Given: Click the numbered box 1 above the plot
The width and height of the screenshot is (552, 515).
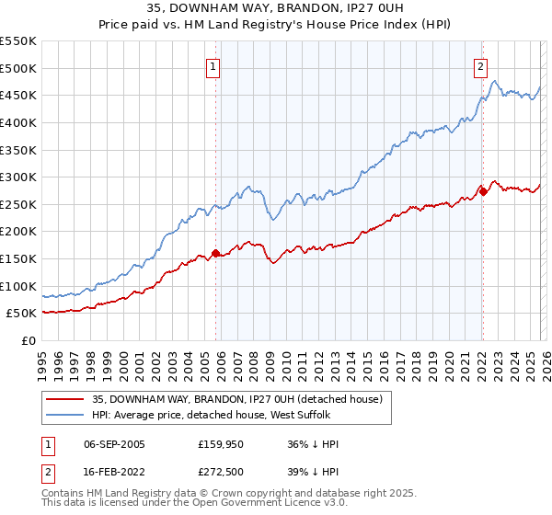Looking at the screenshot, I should (x=213, y=66).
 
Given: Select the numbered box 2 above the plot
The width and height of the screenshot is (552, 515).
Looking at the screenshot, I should (x=480, y=66).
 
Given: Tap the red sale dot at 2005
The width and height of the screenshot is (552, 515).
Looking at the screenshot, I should (x=216, y=253).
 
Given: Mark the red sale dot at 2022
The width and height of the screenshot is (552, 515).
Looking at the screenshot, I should (x=483, y=192).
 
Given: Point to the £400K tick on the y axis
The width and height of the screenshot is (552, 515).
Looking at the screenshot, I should (x=18, y=122).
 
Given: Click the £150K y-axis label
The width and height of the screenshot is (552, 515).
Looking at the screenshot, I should (x=18, y=258).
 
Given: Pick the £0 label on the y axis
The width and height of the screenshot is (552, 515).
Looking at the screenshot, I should (x=29, y=340).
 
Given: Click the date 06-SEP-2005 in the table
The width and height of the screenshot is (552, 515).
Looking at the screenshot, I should (x=114, y=444).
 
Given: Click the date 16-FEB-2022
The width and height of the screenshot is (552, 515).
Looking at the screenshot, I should (x=114, y=473).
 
